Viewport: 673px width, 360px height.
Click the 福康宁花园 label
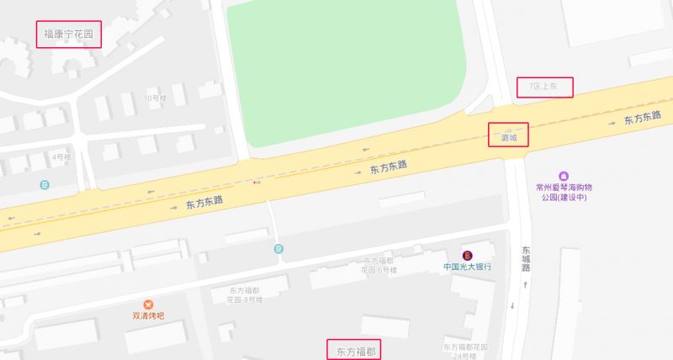[68, 35]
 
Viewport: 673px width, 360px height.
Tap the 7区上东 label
[544, 87]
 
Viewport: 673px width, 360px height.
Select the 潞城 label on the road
[509, 136]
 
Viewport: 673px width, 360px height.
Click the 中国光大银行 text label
[468, 267]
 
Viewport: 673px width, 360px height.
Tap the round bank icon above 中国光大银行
[467, 255]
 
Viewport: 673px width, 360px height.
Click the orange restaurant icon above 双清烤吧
[149, 304]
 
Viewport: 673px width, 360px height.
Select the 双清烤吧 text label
[148, 317]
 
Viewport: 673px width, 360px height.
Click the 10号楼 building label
[157, 98]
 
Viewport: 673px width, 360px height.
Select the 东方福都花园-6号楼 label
[379, 266]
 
